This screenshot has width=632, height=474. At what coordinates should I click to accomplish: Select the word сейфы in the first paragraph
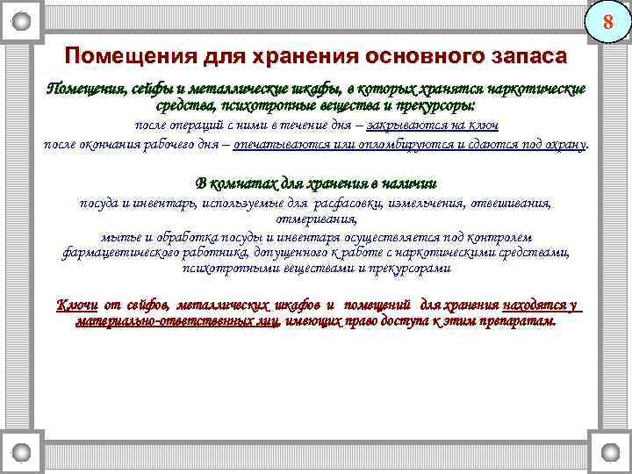[151, 90]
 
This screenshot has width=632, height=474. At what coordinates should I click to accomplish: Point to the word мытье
[120, 236]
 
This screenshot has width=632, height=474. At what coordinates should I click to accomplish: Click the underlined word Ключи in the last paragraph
[77, 305]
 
